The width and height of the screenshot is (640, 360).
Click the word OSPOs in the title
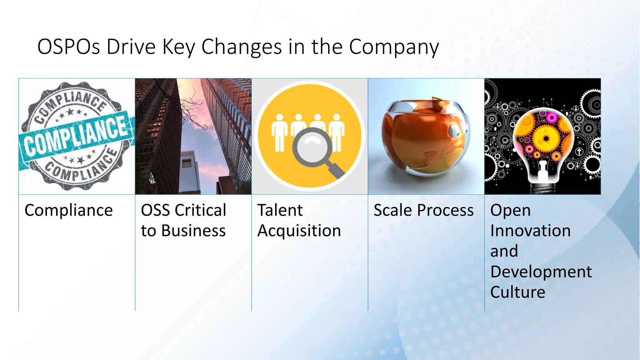point(68,47)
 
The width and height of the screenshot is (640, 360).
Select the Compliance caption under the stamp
point(68,210)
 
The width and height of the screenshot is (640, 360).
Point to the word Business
point(193,231)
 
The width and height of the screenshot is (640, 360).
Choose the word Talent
point(280,210)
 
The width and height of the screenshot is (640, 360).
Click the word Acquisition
point(299,231)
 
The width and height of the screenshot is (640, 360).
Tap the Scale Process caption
point(423,210)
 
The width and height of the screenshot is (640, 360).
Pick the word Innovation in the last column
point(530,231)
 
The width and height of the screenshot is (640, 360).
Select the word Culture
point(517,292)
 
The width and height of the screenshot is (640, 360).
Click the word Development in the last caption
point(541,272)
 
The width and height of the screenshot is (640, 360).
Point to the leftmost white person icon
point(279,132)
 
